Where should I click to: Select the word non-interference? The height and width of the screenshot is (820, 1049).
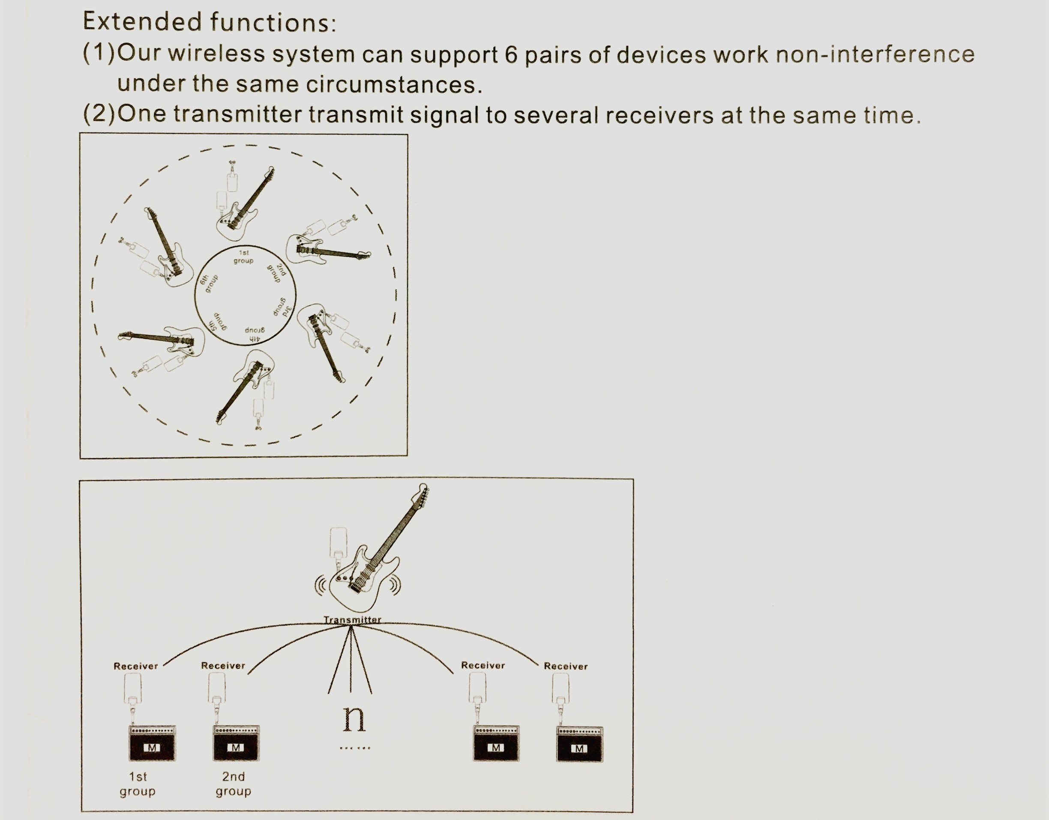875,54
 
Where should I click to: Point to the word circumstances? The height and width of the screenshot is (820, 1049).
394,84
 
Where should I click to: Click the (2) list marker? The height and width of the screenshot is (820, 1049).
99,114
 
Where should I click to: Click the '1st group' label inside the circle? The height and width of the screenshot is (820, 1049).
243,256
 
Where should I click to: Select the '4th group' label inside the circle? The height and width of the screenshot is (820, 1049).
255,334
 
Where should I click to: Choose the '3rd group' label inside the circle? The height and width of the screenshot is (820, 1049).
282,306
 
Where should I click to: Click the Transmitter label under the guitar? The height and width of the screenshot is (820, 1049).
353,619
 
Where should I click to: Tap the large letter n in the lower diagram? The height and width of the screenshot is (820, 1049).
354,718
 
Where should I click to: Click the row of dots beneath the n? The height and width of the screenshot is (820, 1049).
355,748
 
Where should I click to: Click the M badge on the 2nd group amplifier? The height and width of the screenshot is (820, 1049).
235,748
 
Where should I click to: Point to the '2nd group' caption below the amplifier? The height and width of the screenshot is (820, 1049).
234,784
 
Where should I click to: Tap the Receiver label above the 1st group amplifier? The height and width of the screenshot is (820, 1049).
136,666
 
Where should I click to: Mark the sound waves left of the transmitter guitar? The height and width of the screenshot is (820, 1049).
321,584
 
